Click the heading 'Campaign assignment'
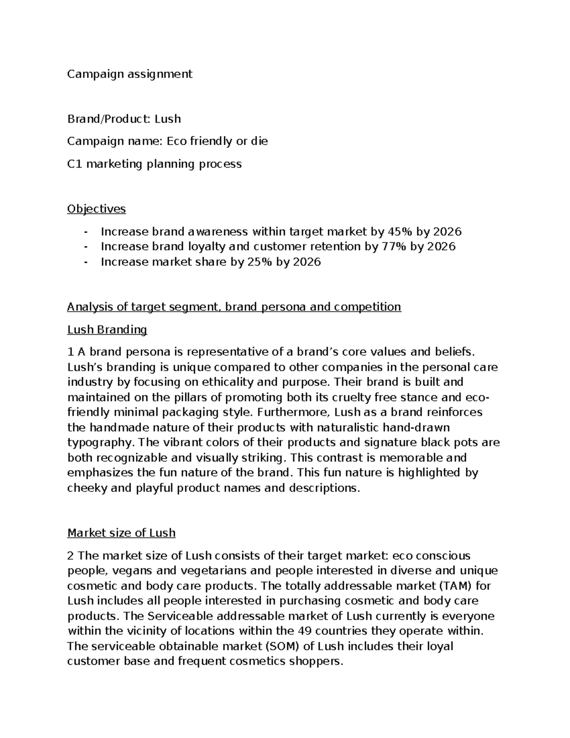pos(130,74)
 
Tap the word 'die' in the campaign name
pos(258,141)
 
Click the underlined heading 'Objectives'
pos(96,209)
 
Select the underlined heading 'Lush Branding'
pos(107,330)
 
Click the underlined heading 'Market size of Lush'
pos(121,533)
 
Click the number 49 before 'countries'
pos(304,631)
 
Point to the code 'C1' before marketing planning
pos(75,164)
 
